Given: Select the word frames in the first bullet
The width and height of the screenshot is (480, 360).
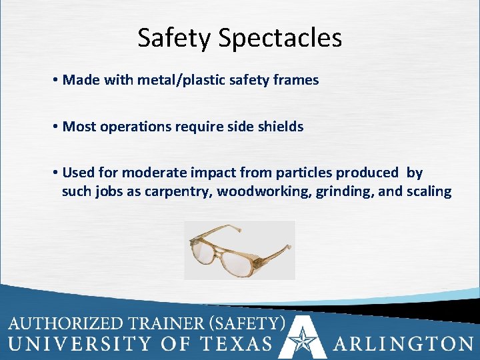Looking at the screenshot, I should pyautogui.click(x=297, y=80).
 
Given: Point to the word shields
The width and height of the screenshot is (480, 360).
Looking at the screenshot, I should pyautogui.click(x=282, y=127).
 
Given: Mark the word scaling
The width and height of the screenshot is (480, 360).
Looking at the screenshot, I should pyautogui.click(x=427, y=192).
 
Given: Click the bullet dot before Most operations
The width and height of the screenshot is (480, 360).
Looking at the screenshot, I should pyautogui.click(x=53, y=127).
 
